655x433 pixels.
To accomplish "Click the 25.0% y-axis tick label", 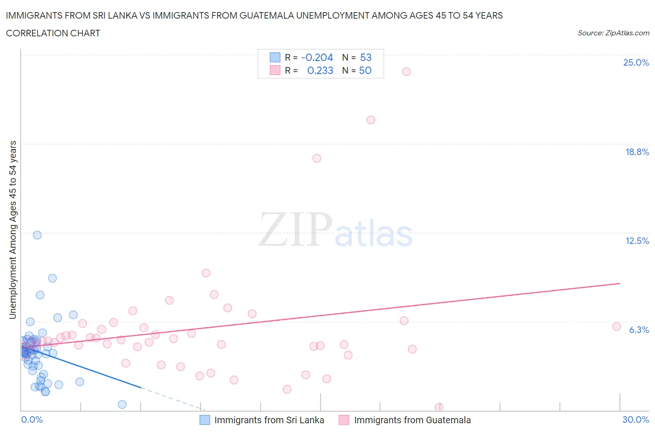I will coord(636,62).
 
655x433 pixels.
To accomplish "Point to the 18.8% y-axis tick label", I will coord(637,152).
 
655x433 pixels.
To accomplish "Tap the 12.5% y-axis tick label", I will coord(637,241).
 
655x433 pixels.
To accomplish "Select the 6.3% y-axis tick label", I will coord(639,330).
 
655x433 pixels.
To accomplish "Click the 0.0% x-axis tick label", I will coord(32,419).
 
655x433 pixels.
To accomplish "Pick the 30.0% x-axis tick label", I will coord(635,419).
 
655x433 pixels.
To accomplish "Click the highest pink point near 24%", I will coord(406,71).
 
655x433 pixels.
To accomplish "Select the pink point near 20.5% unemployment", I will coord(371,120).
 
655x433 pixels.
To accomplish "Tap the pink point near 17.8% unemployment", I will coord(317,158).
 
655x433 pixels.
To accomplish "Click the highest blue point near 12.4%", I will coord(37,235).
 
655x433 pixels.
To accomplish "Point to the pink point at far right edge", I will coord(616,326).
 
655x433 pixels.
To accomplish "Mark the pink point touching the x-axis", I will coord(439,407).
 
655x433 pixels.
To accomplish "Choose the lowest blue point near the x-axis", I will coord(122,404).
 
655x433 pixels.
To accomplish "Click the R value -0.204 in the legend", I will coord(317,57).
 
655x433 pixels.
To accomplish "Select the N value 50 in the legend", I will coord(365,70).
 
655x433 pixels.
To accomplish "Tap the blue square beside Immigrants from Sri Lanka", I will coord(205,420).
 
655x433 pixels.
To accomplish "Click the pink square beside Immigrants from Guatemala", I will coord(344,420).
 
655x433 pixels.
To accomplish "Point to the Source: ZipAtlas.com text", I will coord(613,33).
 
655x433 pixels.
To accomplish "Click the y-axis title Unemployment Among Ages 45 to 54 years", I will coord(13,230).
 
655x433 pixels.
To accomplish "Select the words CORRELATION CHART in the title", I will coord(53,33).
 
